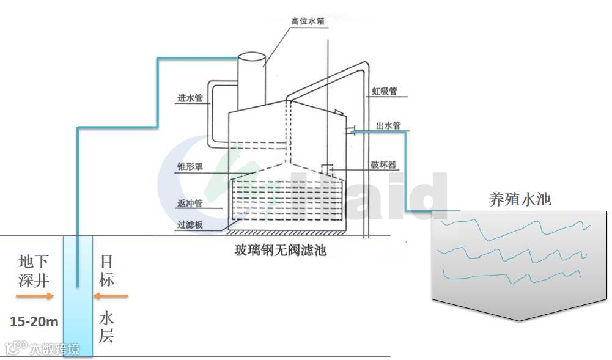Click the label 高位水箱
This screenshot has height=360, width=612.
(x=307, y=21)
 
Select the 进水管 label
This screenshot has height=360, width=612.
(x=190, y=98)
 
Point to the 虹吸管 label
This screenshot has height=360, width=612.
(x=385, y=92)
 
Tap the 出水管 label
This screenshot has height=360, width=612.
(x=388, y=126)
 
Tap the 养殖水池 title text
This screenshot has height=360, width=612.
(x=520, y=199)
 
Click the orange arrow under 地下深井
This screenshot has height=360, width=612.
(x=34, y=296)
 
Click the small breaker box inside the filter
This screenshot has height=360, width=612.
(x=326, y=167)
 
